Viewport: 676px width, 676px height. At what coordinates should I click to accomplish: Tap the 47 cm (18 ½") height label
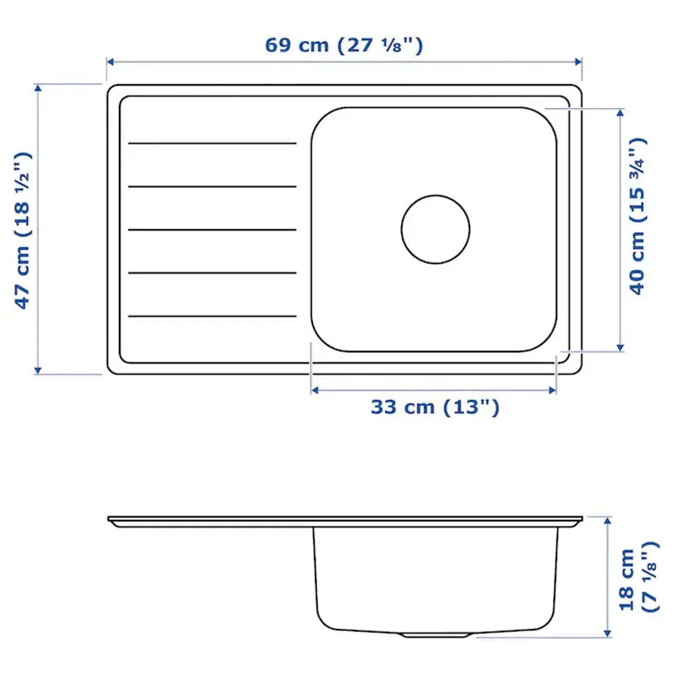(x=23, y=230)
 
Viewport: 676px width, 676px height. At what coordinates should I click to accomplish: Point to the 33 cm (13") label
(x=435, y=407)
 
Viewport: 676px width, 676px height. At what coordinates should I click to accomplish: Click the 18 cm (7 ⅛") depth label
(x=638, y=576)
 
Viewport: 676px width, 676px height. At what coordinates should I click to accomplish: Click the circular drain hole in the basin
(x=436, y=228)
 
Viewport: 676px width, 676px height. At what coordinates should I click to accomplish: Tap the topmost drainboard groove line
(x=212, y=143)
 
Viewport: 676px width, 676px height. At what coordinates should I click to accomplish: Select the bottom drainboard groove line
(x=212, y=316)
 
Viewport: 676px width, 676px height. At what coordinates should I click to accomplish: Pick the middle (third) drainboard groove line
(x=212, y=230)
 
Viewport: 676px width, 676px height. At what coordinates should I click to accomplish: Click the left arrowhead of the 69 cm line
(x=110, y=61)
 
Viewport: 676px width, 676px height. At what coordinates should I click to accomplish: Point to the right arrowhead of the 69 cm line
(x=578, y=61)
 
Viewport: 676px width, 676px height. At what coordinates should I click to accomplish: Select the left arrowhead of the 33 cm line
(x=315, y=390)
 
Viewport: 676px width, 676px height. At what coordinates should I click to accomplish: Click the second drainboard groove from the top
(x=212, y=187)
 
